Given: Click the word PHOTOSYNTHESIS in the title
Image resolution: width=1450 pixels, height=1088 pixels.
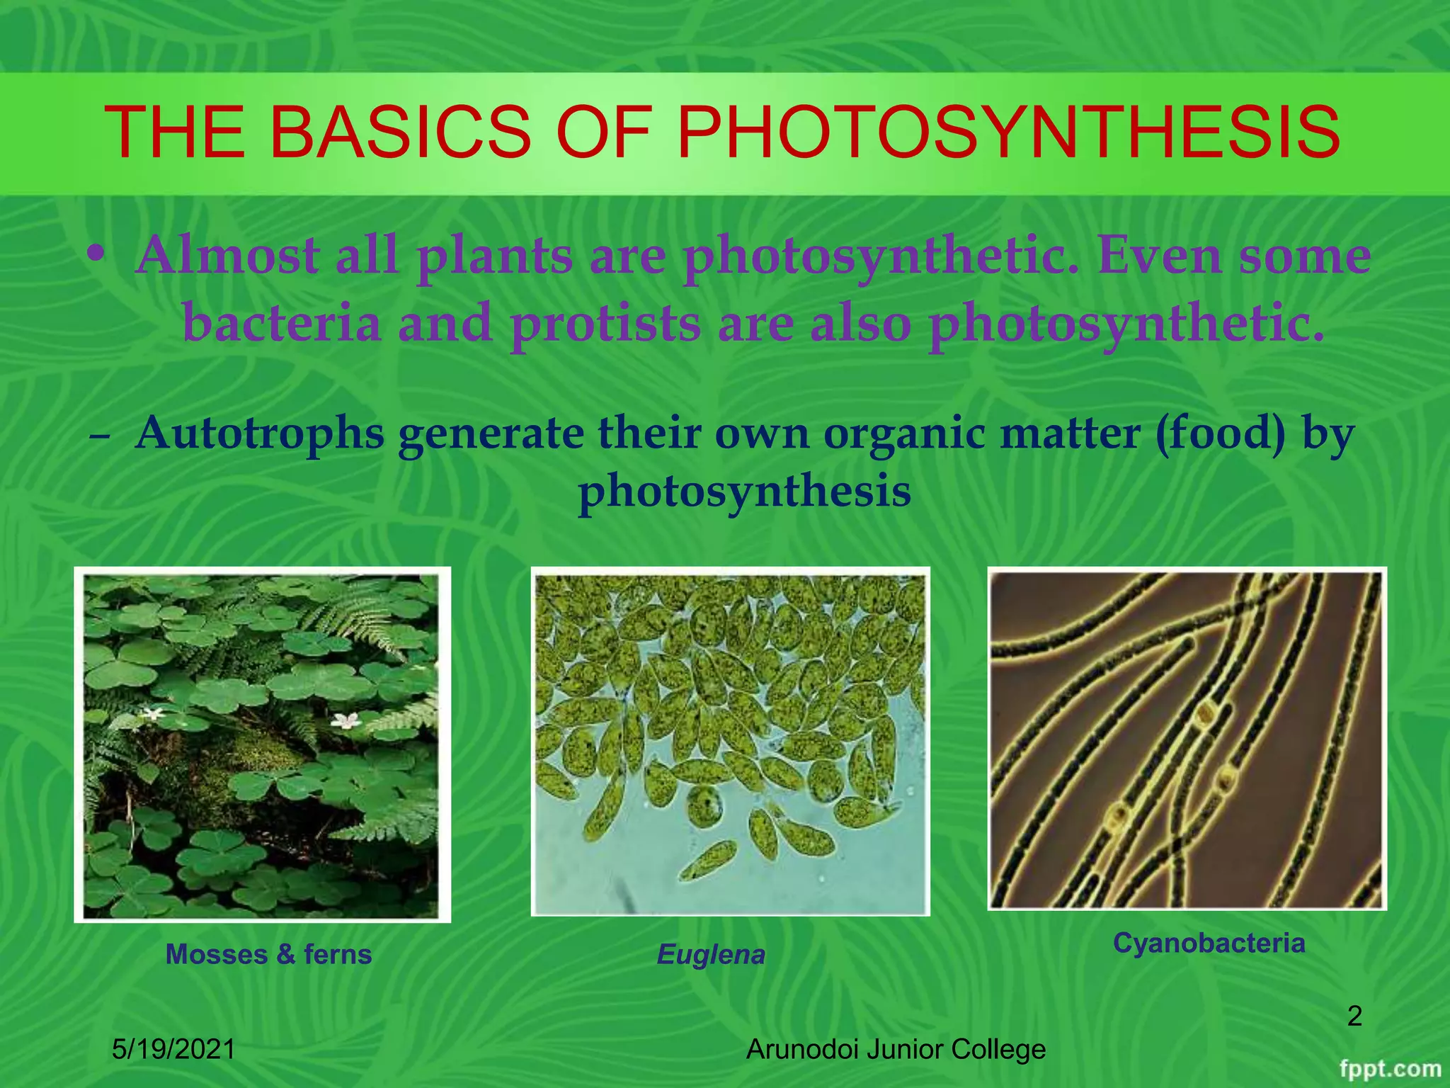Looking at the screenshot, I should click(x=1008, y=132).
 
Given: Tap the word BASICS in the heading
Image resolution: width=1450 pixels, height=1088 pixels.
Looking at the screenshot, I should click(x=399, y=132).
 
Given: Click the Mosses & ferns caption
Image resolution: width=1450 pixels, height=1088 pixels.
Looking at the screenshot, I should click(x=268, y=954).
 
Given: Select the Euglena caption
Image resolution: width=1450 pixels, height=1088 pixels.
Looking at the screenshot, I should click(x=711, y=955).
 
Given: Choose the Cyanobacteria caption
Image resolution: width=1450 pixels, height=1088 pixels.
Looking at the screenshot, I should click(x=1209, y=943).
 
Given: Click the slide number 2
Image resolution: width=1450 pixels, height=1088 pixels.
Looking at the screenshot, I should click(x=1354, y=1016).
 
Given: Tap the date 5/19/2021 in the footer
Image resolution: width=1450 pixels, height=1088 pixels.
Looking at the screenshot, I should click(x=173, y=1049).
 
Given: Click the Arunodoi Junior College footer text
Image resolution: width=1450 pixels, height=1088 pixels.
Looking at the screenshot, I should click(x=896, y=1049).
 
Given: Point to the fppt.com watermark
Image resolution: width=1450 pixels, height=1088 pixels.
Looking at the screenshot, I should click(x=1390, y=1069).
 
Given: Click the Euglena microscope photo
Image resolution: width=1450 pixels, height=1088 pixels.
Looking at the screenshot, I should click(x=730, y=741).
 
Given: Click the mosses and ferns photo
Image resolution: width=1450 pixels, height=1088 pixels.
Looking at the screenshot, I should click(x=262, y=744).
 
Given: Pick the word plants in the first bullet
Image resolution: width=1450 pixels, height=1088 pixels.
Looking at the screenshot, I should click(x=495, y=256).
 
